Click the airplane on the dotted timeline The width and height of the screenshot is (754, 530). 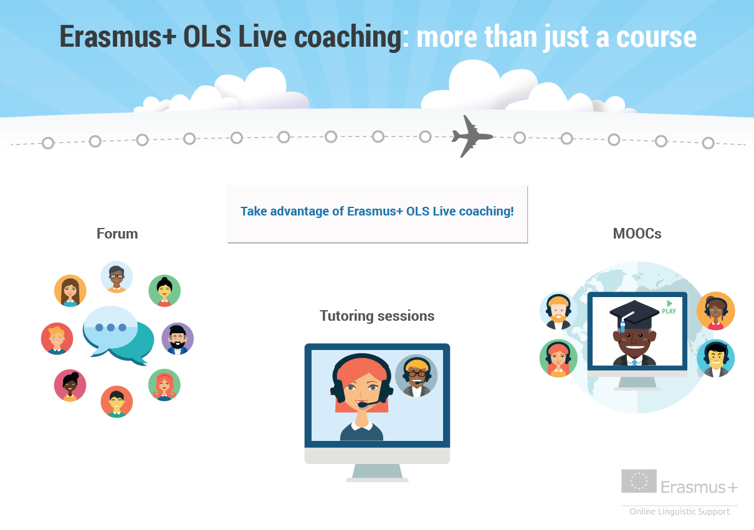(471, 136)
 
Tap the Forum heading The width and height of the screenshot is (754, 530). (117, 234)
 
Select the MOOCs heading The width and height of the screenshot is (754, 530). (637, 234)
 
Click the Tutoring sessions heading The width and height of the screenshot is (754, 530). (377, 316)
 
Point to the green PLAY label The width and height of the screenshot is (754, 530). (669, 308)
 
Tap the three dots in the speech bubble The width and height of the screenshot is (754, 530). (111, 328)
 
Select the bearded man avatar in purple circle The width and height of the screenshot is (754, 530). (178, 339)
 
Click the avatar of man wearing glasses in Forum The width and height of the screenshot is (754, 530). (117, 277)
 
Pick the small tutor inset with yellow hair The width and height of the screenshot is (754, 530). (416, 376)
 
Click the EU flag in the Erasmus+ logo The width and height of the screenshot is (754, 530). (639, 481)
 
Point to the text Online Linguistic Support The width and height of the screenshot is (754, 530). (679, 511)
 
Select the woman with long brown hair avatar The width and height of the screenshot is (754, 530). (70, 291)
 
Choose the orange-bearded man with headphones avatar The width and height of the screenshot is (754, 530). (558, 311)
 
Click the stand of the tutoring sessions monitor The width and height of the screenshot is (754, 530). (377, 473)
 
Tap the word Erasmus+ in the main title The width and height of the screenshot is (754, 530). (118, 36)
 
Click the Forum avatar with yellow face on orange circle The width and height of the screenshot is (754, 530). (117, 402)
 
